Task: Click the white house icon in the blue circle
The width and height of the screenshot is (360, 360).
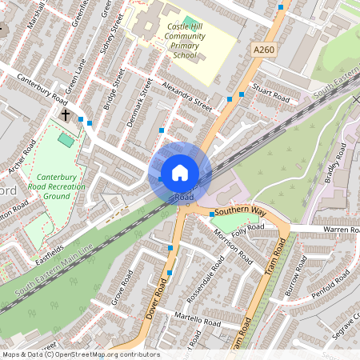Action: (x=180, y=173)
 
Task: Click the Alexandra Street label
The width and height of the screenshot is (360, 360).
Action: (x=185, y=94)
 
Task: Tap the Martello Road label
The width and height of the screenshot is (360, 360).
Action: (x=198, y=320)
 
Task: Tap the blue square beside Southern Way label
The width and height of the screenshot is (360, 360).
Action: (x=211, y=214)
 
